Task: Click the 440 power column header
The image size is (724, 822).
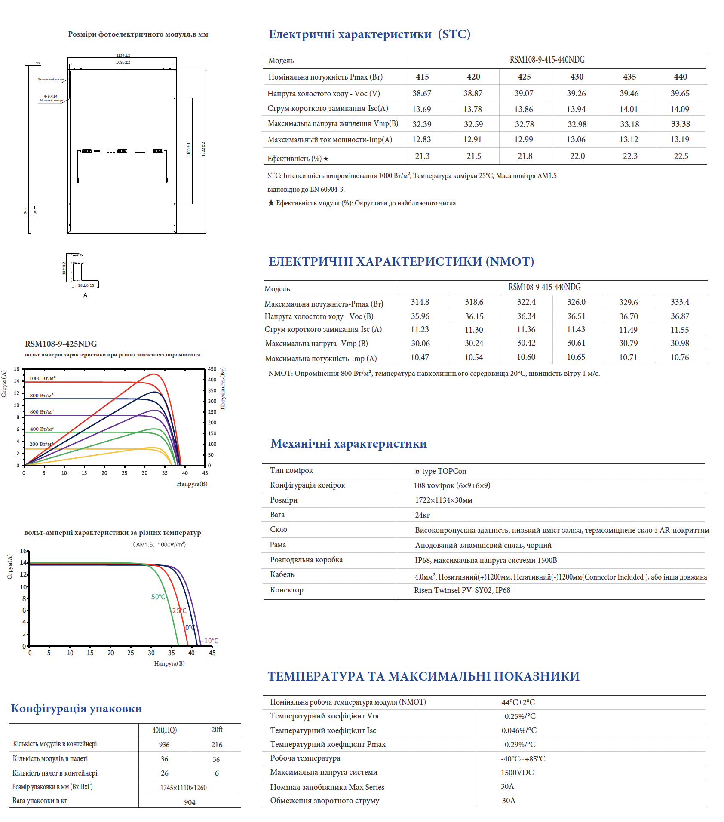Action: tap(680, 77)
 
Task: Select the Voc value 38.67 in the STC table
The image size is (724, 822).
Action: tap(422, 93)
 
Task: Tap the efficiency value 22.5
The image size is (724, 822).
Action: tap(681, 156)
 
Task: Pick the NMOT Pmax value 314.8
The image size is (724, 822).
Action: tap(420, 302)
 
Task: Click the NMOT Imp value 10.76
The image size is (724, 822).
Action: tap(679, 357)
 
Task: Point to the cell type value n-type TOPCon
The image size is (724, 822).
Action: tap(440, 471)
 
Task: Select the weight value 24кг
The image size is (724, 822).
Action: tap(422, 515)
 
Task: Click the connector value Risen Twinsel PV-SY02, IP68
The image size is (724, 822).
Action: tap(462, 590)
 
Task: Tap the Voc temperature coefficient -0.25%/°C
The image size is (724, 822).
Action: tap(518, 716)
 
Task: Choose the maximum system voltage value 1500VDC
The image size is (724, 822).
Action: tap(517, 773)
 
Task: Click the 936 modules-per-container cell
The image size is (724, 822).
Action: tap(164, 745)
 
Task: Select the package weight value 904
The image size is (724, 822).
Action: tap(190, 802)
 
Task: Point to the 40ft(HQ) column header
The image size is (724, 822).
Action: tap(164, 730)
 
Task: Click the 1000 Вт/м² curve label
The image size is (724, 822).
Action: tap(42, 378)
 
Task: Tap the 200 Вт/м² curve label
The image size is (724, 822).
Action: tap(41, 444)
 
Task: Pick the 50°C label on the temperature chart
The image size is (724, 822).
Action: tap(158, 597)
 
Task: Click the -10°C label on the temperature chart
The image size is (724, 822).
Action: tap(210, 641)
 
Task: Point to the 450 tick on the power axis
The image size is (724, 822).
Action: tap(212, 369)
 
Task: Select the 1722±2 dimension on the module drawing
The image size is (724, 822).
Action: tap(203, 149)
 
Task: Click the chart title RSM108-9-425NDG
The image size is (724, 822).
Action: tap(61, 344)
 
